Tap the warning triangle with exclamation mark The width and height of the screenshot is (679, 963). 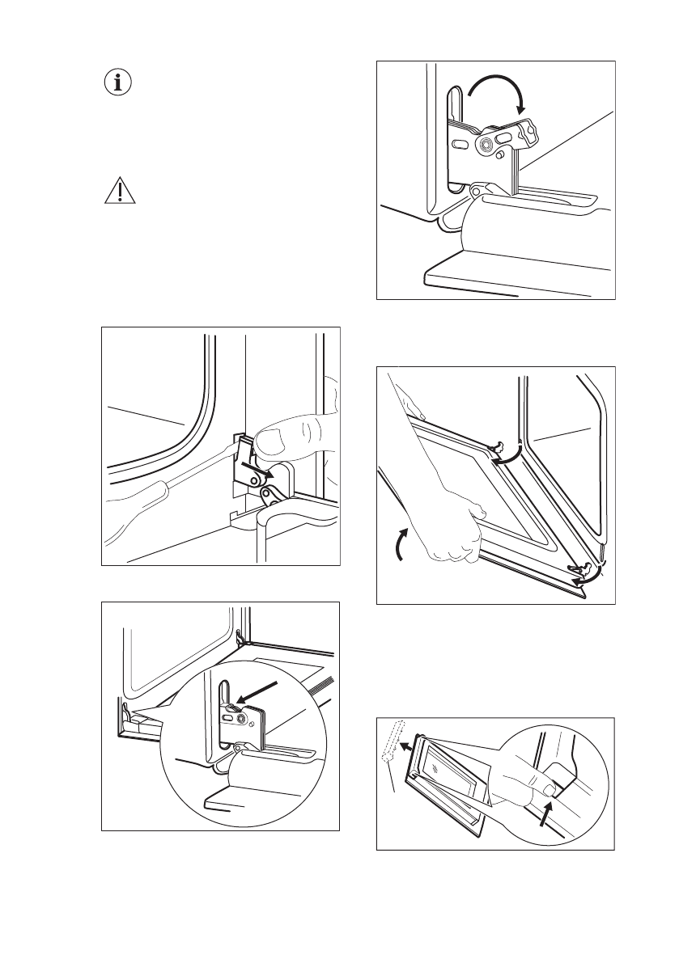click(118, 191)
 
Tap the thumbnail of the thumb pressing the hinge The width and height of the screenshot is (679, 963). click(274, 439)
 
